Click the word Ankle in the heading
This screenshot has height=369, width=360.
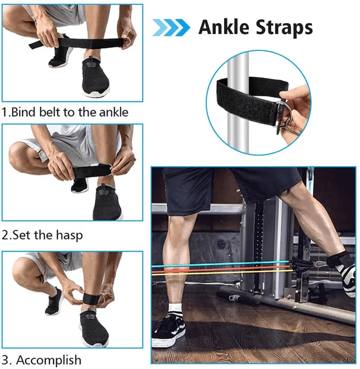[223, 27]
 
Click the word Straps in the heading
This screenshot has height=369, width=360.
[284, 28]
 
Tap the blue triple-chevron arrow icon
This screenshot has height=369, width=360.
[171, 28]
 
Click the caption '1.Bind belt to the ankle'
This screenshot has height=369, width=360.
[65, 112]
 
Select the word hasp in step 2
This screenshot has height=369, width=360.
[69, 236]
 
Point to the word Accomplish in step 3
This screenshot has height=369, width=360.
[49, 360]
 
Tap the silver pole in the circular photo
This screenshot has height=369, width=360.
[238, 104]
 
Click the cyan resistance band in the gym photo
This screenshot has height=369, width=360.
[221, 264]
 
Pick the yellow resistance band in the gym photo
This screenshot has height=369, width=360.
[222, 273]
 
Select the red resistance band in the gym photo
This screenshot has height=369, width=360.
[221, 269]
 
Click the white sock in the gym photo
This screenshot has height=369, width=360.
[175, 308]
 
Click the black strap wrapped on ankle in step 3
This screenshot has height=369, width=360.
[91, 299]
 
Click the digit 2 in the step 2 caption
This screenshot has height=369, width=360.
[5, 235]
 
